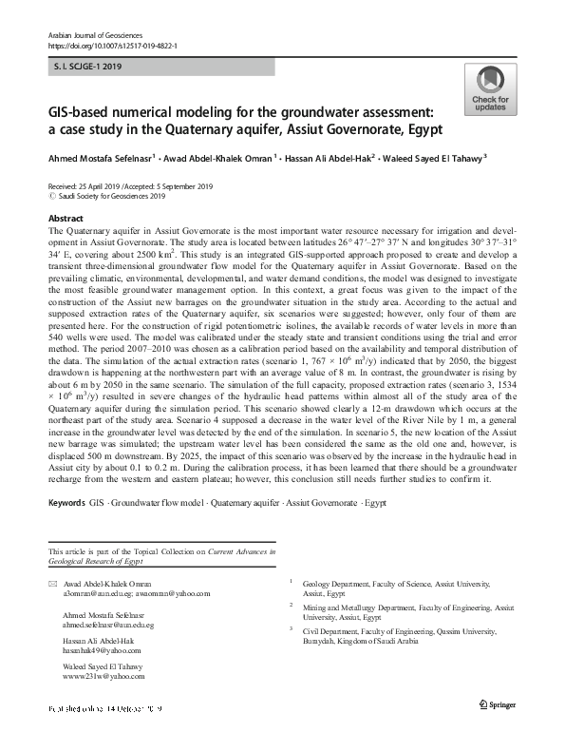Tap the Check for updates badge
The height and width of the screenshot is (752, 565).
pos(489,91)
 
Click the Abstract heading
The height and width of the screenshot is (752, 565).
pos(65,218)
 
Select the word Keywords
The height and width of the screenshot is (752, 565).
pos(66,526)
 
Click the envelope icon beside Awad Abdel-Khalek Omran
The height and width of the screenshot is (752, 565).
pos(51,583)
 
